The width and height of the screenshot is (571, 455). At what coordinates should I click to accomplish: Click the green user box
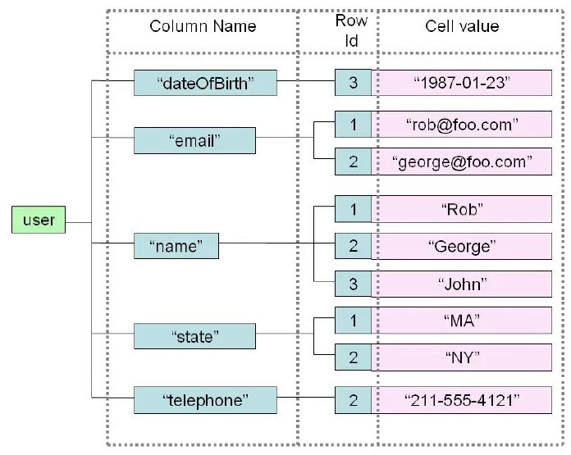tap(39, 221)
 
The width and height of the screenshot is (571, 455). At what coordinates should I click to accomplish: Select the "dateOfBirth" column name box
tap(205, 82)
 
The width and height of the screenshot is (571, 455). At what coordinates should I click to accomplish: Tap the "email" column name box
tap(194, 140)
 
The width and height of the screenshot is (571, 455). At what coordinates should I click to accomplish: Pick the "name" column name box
tap(176, 245)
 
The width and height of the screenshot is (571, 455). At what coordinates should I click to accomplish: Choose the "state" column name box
tap(194, 336)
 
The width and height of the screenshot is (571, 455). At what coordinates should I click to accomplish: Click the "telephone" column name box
tap(205, 399)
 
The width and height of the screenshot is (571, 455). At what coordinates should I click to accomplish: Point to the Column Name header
tap(203, 26)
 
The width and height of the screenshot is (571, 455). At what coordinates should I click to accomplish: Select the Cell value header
tap(462, 26)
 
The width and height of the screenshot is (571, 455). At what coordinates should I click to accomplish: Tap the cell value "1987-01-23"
tap(462, 82)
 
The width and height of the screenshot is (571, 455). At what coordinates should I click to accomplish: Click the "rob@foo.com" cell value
tap(462, 125)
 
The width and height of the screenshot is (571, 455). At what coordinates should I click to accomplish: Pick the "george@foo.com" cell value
tap(462, 162)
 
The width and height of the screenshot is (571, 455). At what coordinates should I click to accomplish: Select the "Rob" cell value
tap(462, 209)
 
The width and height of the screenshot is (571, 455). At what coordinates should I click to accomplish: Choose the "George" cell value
tap(462, 245)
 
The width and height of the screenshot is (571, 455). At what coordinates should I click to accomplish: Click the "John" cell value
tap(462, 284)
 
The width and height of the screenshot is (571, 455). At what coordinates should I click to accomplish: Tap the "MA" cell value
tap(462, 320)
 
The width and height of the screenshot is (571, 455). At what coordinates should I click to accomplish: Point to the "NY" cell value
tap(462, 357)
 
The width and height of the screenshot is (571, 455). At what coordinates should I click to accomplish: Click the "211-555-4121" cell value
tap(462, 399)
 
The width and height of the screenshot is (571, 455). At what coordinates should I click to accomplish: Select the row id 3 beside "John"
tap(353, 284)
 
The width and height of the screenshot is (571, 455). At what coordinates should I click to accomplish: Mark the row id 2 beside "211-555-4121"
tap(353, 399)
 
